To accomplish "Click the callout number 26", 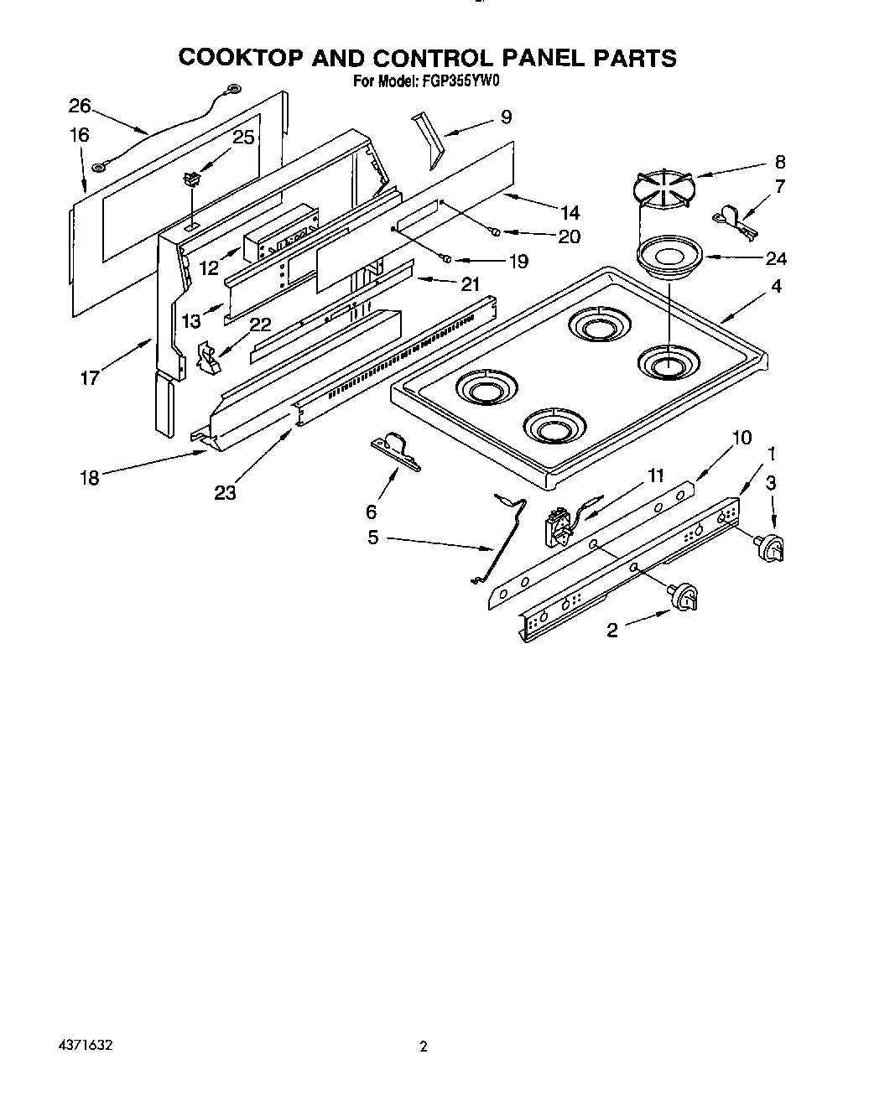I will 79,106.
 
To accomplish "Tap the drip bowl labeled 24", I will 669,256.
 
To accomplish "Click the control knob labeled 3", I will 770,547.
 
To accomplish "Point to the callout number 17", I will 89,377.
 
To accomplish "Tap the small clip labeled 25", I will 193,179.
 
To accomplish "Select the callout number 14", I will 570,212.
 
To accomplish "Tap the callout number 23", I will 224,493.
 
